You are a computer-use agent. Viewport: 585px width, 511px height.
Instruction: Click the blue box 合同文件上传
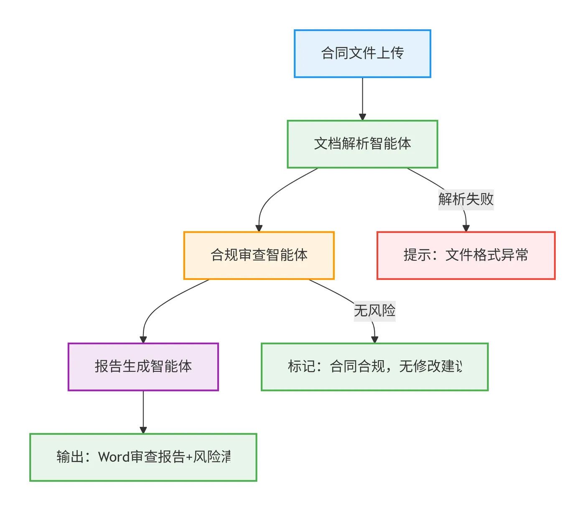point(362,53)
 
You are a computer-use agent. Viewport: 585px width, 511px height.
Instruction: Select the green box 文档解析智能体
point(362,144)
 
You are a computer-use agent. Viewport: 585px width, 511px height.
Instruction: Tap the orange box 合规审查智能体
point(259,255)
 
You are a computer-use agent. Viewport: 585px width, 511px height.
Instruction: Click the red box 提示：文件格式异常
point(466,255)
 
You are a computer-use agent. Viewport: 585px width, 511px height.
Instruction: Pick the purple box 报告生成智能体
point(143,367)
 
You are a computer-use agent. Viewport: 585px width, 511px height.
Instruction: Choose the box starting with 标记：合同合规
point(374,367)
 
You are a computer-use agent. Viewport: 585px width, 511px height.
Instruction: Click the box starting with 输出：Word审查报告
point(143,457)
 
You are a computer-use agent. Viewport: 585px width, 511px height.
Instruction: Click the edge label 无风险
point(374,310)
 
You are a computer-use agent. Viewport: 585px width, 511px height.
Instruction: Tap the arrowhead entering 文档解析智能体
point(362,117)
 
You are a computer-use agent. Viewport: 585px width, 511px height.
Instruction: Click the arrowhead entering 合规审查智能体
point(259,228)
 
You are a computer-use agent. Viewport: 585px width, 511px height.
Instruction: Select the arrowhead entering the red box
point(466,228)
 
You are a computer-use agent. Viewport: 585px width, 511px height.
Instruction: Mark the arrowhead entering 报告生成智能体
point(143,339)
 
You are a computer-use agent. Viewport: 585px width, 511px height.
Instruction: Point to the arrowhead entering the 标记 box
point(374,339)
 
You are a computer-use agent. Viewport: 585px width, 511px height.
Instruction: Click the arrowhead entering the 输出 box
point(143,430)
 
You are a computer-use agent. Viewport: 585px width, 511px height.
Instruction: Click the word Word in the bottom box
point(114,457)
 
